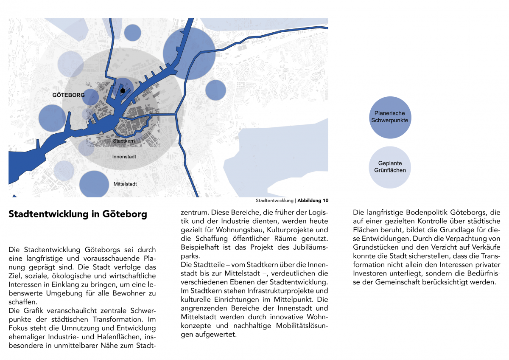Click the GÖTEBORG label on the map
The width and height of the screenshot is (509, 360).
pyautogui.click(x=68, y=95)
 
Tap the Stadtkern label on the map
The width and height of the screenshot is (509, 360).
pyautogui.click(x=124, y=141)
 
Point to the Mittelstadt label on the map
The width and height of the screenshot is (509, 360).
pyautogui.click(x=125, y=184)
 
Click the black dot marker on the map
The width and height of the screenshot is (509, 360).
pyautogui.click(x=123, y=91)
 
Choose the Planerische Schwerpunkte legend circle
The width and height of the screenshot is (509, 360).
pyautogui.click(x=390, y=117)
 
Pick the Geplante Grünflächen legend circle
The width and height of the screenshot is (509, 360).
pyautogui.click(x=390, y=167)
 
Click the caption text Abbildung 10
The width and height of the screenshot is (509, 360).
pyautogui.click(x=313, y=200)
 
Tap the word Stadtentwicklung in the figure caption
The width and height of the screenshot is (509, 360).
pyautogui.click(x=274, y=200)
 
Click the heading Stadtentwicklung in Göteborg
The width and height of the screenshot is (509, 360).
pyautogui.click(x=78, y=214)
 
